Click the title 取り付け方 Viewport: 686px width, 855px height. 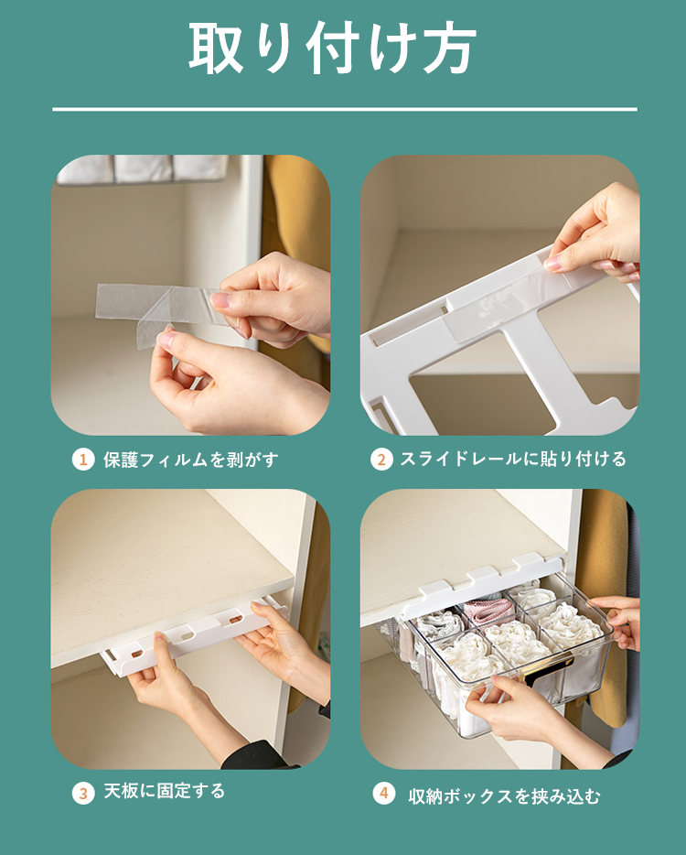pos(332,48)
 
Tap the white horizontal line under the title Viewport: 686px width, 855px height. pos(344,110)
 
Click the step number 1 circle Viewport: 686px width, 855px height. pos(83,460)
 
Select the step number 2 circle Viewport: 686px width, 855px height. pos(381,460)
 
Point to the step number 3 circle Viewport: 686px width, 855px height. pos(83,792)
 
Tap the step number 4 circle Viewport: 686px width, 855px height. pos(383,793)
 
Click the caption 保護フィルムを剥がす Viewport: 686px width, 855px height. pos(190,460)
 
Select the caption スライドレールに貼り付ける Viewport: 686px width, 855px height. pos(513,460)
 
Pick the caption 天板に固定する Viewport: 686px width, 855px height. pos(164,791)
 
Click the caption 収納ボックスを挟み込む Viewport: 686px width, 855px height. pos(504,796)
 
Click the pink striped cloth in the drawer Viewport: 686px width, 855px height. pos(488,611)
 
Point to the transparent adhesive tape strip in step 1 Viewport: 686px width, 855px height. pos(158,308)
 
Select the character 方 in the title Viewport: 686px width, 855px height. pos(450,49)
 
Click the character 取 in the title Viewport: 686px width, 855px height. pos(216,49)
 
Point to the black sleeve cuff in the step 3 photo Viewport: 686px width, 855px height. pos(262,755)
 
